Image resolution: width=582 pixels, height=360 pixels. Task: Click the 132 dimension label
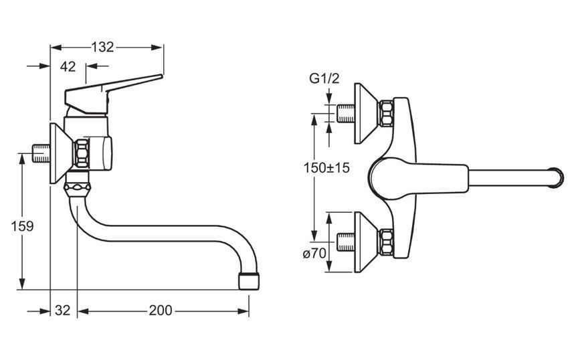tap(102, 47)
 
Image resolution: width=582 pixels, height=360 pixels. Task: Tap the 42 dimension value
tap(68, 67)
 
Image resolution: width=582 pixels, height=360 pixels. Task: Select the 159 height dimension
tap(22, 226)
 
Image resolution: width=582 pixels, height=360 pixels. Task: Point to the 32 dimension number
tap(62, 310)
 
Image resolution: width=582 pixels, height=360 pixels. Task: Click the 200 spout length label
tap(161, 310)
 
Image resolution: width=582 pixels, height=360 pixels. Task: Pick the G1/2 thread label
tap(324, 78)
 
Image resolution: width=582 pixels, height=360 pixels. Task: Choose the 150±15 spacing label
tap(326, 168)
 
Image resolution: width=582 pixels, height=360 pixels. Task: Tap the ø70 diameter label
tap(314, 254)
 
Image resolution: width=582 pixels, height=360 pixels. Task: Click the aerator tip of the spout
tap(249, 282)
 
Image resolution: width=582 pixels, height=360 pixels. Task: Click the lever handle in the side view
tap(108, 93)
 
